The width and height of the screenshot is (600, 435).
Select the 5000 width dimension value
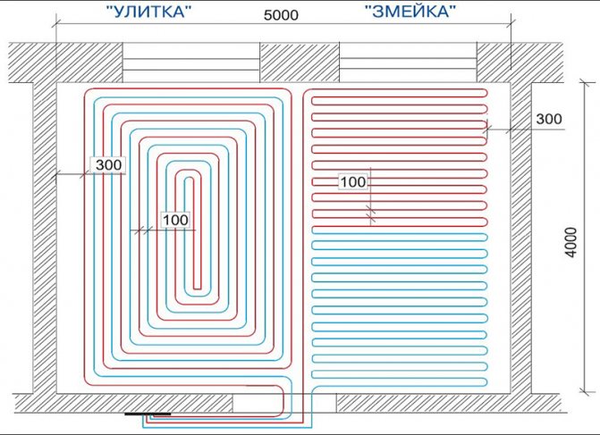tap(282, 17)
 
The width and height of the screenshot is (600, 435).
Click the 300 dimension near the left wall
tap(107, 165)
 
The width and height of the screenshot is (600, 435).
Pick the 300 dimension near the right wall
tap(549, 119)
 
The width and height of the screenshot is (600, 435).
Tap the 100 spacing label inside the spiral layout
tap(176, 218)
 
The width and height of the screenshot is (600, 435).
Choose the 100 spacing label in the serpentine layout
tap(353, 182)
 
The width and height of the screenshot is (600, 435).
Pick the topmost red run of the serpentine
tap(398, 92)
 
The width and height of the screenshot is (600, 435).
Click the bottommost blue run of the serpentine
tap(398, 383)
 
